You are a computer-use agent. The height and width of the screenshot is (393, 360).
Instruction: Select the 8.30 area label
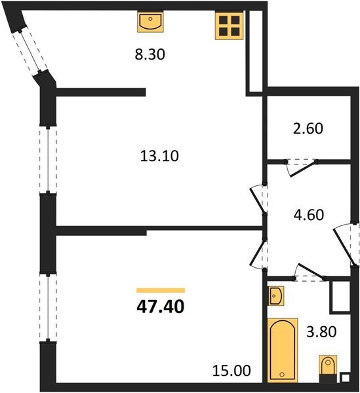pyautogui.click(x=149, y=56)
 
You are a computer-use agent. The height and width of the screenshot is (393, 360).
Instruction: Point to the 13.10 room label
pyautogui.click(x=159, y=156)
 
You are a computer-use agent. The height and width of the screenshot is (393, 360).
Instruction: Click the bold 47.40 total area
pyautogui.click(x=160, y=306)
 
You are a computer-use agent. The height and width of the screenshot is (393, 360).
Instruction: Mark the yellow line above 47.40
pyautogui.click(x=161, y=290)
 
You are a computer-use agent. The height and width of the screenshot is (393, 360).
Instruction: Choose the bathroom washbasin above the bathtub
pyautogui.click(x=277, y=296)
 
